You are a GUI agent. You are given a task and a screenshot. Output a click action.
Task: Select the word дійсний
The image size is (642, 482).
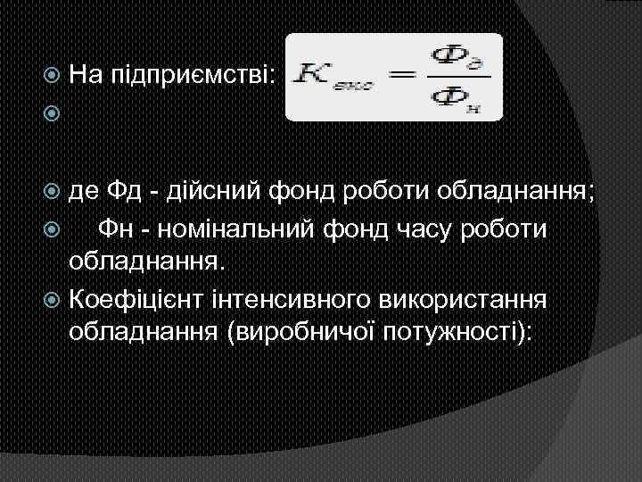tap(224, 190)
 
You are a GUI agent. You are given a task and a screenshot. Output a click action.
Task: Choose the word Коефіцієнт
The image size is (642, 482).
tap(144, 298)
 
